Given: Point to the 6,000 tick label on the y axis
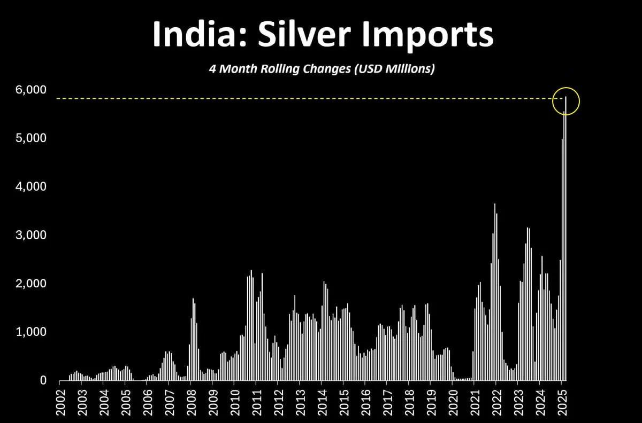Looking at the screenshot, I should coord(32,90).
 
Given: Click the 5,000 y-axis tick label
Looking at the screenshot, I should coord(32,138).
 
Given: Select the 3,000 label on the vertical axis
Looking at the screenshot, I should coord(32,236).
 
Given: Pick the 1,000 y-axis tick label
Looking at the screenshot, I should coord(32,332).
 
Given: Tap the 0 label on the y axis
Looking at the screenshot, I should coord(43,381).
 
